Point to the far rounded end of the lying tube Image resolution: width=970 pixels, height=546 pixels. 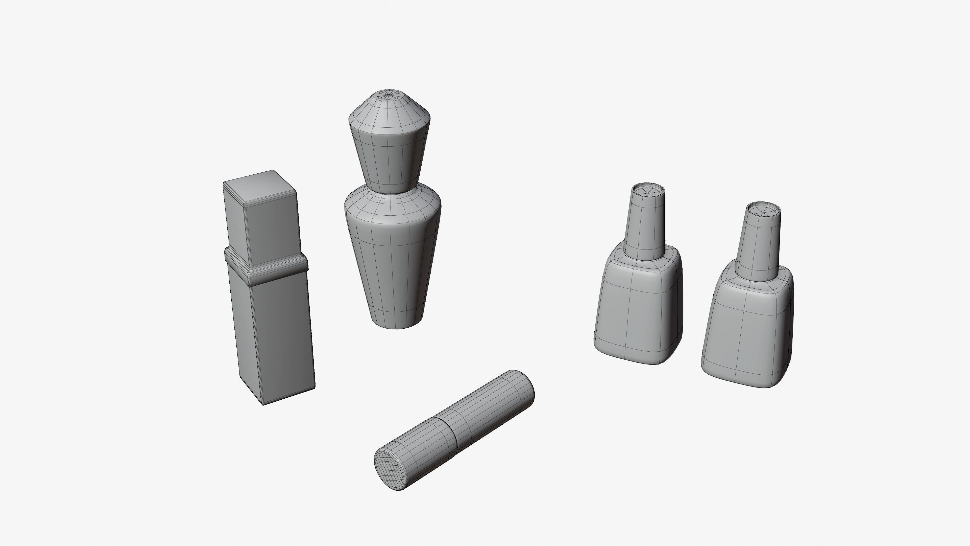(x=525, y=384)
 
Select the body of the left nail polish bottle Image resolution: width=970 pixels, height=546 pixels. (x=638, y=309)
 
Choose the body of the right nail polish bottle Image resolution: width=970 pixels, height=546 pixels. (x=747, y=332)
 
